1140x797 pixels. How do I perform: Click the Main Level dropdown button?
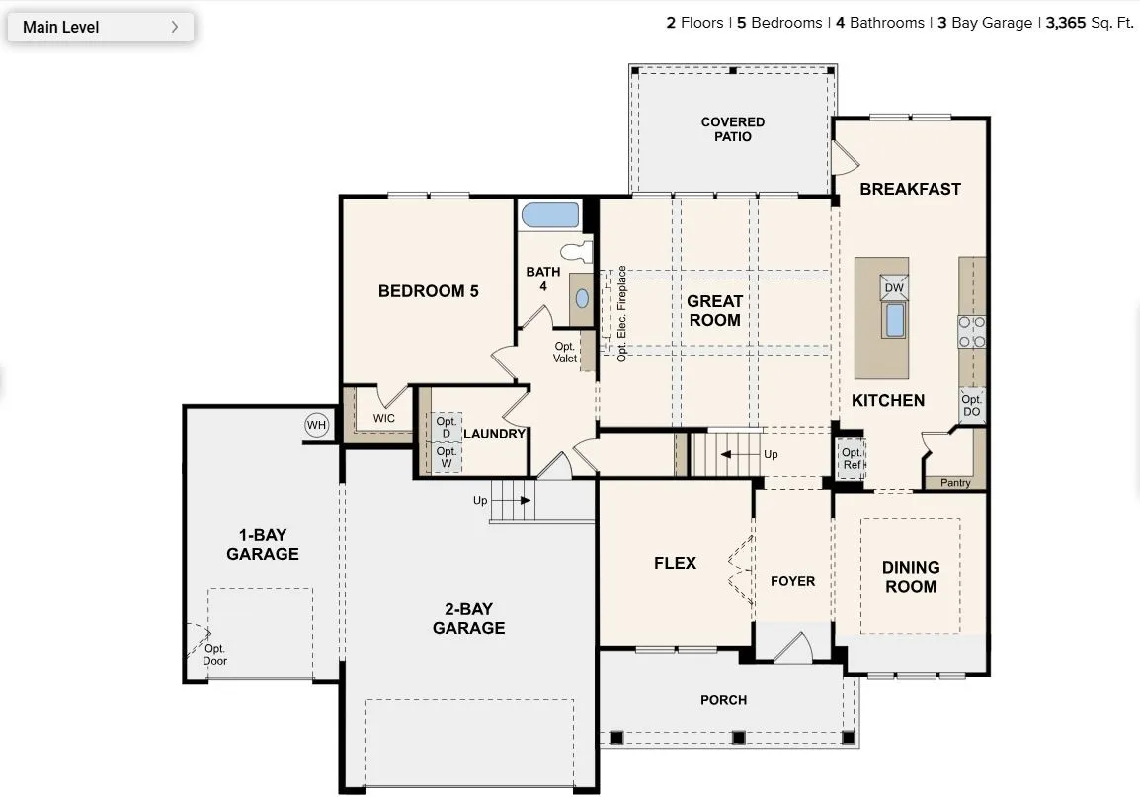point(101,27)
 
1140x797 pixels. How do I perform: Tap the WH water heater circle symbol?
point(316,425)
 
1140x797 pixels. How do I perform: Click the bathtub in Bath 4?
point(549,215)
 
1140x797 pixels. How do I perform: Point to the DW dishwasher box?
point(894,287)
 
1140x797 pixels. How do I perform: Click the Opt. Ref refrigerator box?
point(852,459)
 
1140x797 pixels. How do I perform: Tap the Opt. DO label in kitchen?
point(971,405)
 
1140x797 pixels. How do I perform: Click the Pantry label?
point(955,482)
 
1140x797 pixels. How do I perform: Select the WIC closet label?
point(384,418)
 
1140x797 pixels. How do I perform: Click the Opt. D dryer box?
point(446,428)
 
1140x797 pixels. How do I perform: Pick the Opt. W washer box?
point(446,457)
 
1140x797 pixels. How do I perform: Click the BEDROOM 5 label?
point(428,291)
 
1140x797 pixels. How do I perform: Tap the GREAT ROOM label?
point(714,310)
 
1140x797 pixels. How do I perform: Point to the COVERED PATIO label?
point(733,129)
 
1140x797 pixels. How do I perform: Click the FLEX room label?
point(675,563)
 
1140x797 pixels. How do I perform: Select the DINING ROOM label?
point(911,577)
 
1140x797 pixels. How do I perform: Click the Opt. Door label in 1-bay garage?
point(214,655)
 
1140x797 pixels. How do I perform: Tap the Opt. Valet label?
point(565,353)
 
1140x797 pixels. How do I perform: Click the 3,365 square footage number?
point(1066,23)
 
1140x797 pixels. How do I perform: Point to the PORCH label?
point(723,700)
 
